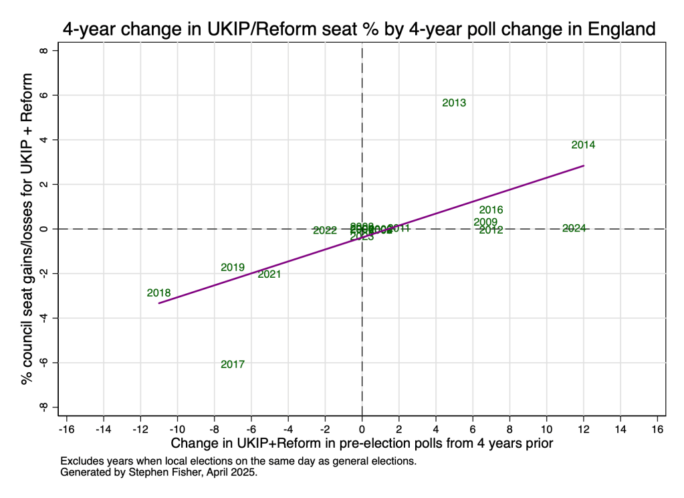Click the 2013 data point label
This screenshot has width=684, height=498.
[x=454, y=103]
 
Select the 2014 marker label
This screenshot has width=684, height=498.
[x=583, y=145]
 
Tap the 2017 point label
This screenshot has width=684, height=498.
[x=233, y=364]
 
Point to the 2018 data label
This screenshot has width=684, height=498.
[x=159, y=293]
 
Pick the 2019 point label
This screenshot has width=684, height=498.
[x=233, y=267]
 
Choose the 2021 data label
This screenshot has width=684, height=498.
[x=269, y=274]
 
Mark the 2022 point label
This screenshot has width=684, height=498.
[x=325, y=230]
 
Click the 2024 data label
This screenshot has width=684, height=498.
[x=574, y=228]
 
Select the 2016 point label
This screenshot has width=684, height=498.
[x=491, y=210]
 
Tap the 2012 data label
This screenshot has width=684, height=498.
[x=491, y=230]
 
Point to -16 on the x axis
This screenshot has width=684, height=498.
[x=66, y=428]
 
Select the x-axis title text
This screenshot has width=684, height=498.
[x=362, y=444]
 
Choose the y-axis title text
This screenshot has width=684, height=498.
[x=27, y=229]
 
